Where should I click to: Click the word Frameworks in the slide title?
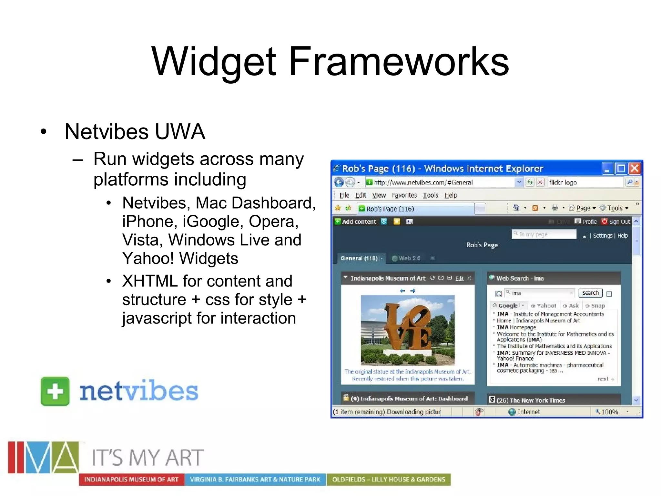[399, 61]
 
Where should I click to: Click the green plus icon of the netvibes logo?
[55, 391]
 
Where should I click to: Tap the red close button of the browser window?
[635, 168]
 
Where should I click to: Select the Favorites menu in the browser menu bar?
[404, 195]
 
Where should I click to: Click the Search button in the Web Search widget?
[590, 293]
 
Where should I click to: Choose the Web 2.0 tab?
[409, 258]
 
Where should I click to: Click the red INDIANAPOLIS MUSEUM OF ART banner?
[131, 480]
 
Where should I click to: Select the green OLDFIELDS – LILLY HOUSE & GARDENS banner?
[389, 480]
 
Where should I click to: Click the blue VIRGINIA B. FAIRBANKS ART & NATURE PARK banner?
[255, 480]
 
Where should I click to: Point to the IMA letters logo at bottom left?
[44, 458]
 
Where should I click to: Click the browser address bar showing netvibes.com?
[439, 182]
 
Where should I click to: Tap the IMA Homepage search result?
[516, 327]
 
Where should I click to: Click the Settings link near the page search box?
[602, 235]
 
